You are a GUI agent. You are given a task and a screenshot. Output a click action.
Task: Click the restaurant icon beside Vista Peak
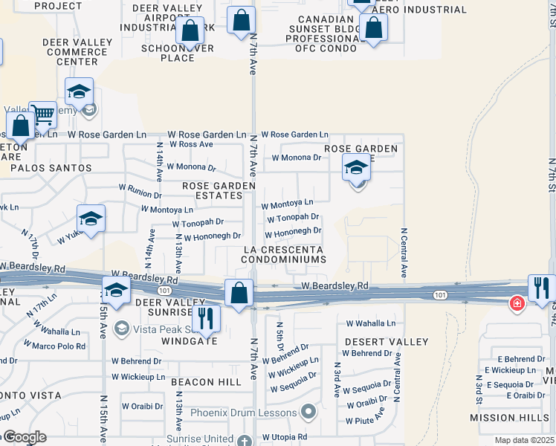tap(206, 318)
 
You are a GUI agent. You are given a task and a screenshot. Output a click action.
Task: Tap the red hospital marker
tap(516, 303)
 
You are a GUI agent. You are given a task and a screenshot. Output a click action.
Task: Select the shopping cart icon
tap(43, 114)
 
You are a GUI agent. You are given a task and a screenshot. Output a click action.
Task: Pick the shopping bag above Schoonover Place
tap(190, 30)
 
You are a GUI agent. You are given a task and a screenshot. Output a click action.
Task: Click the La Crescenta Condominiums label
tap(283, 254)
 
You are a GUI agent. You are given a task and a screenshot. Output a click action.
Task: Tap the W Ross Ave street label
tap(191, 144)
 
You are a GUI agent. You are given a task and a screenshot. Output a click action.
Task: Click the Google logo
tap(23, 437)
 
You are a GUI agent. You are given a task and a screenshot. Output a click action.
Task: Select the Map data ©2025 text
tap(524, 440)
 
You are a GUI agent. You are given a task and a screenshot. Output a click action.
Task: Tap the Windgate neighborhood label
tap(190, 341)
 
